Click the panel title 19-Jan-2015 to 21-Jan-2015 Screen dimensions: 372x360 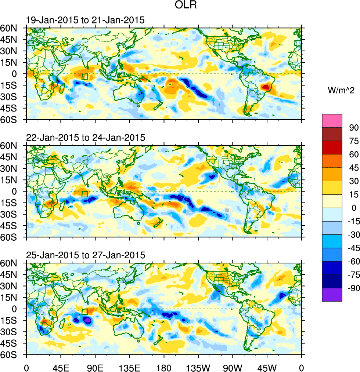pos(85,20)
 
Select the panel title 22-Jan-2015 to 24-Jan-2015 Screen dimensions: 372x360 pos(86,138)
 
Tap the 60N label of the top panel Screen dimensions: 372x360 pos(12,28)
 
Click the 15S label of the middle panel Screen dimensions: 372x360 pos(12,203)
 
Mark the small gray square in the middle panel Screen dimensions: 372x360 pos(227,210)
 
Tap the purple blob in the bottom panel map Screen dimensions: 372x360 pos(87,320)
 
